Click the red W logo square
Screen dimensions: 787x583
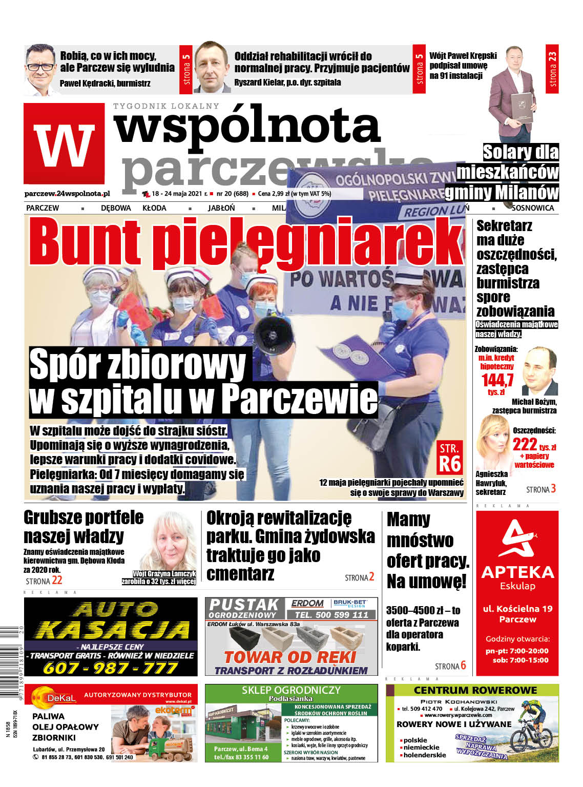coord(64,143)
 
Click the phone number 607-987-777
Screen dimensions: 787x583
coord(110,668)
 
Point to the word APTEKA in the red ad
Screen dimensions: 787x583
coord(517,572)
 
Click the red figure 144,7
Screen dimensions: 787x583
coord(497,380)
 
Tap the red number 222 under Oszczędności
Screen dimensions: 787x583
coord(525,444)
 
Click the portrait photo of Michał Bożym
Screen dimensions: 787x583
coord(539,370)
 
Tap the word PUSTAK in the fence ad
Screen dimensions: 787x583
coord(243,605)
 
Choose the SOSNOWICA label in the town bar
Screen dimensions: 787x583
coord(533,208)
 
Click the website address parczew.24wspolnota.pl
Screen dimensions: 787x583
coord(67,194)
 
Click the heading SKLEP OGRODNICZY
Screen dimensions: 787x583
coord(291,690)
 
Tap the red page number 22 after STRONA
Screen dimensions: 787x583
coord(57,580)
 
